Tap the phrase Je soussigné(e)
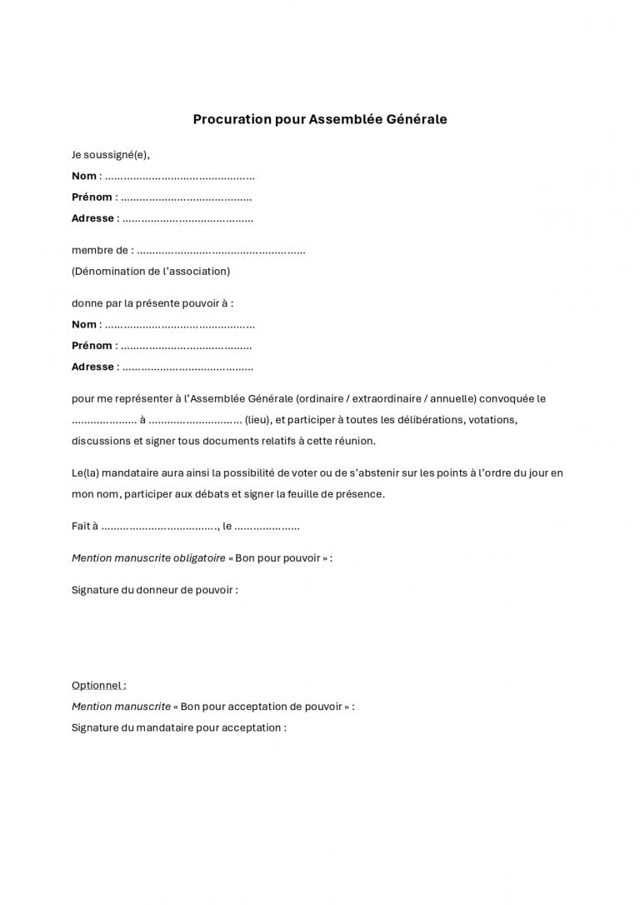[111, 155]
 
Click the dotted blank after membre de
[221, 251]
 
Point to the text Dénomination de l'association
[151, 271]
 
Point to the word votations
[492, 420]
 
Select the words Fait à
[85, 527]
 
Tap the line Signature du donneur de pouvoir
[155, 590]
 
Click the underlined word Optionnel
[98, 685]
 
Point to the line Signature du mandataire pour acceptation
[179, 727]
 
